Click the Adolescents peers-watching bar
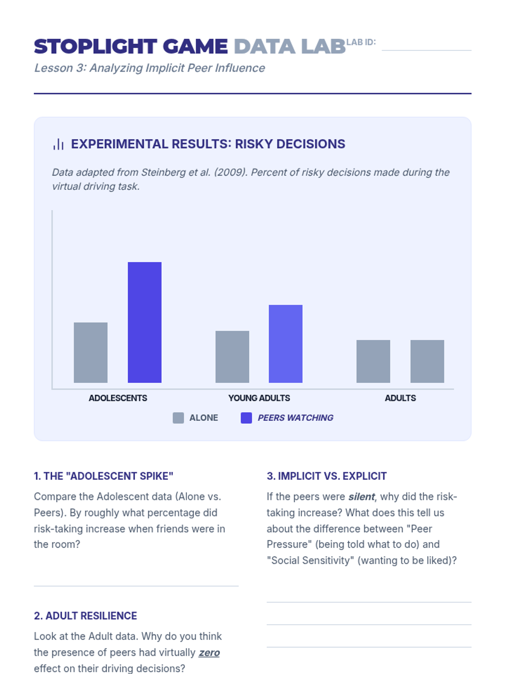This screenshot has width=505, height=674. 144,322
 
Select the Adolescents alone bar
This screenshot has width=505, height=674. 90,353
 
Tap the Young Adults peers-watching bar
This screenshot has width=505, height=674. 285,344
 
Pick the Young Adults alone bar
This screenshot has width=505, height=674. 232,357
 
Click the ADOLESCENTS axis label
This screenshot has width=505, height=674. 118,398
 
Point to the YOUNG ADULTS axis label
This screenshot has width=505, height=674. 259,398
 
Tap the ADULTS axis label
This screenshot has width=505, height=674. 400,398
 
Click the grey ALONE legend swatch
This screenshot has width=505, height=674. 178,418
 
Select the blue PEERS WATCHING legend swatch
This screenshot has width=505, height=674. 246,418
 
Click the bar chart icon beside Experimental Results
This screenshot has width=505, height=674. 58,144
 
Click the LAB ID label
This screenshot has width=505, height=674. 361,42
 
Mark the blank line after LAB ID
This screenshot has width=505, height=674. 426,50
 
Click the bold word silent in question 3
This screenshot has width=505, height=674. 361,497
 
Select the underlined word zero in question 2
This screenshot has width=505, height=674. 209,653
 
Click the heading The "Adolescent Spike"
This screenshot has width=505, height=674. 104,476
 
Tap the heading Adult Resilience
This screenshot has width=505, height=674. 85,616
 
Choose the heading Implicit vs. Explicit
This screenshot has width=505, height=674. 327,476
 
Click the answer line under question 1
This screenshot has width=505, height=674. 136,585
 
